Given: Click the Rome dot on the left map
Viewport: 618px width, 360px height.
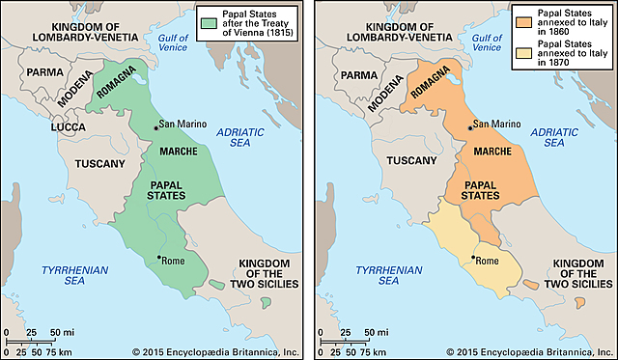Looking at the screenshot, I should (x=158, y=257).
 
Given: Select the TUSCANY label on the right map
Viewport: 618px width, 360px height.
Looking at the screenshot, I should (x=414, y=164).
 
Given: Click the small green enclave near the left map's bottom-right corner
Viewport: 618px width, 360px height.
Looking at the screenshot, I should (x=265, y=303).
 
